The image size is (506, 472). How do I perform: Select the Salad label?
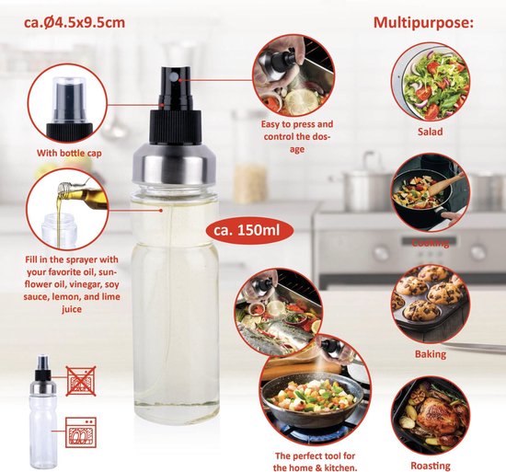[x=430, y=132]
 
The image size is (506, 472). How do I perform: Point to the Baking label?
[x=430, y=353]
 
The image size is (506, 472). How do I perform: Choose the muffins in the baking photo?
[x=431, y=299]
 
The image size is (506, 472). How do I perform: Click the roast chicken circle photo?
[x=430, y=415]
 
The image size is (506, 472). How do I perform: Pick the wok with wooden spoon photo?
[x=431, y=194]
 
